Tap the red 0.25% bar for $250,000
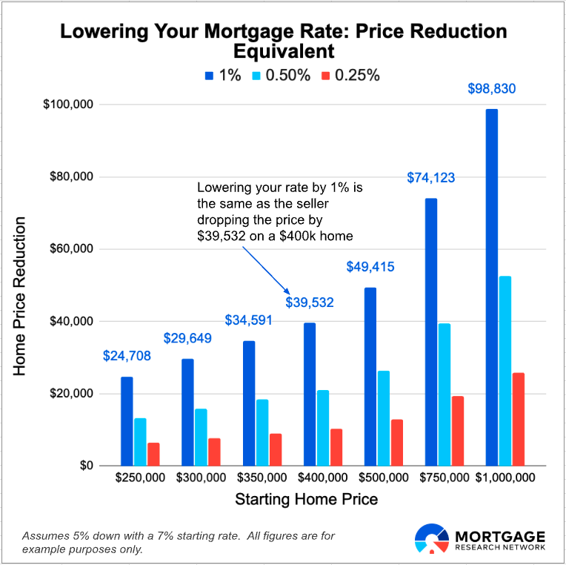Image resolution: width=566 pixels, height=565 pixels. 153,454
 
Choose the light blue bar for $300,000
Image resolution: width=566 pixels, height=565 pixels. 201,437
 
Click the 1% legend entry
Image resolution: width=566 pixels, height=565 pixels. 223,75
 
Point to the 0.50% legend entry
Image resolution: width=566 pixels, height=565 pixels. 282,75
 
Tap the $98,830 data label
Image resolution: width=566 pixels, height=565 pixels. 492,89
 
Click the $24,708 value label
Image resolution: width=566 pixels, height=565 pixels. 127,356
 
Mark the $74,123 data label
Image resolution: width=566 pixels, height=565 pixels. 431,178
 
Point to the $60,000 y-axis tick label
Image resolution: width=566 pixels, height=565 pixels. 73,249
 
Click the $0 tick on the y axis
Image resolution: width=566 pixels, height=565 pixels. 86,466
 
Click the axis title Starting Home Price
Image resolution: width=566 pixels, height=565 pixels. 307,500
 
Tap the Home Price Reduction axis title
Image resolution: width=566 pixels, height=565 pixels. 20,296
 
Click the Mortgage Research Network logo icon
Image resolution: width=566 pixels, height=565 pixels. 431,539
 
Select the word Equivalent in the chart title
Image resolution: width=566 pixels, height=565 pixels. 284,51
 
